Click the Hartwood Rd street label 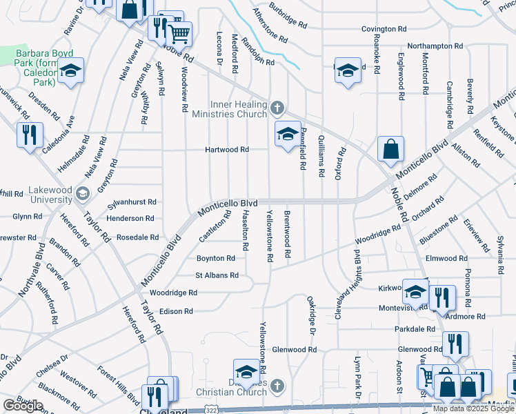click(226, 150)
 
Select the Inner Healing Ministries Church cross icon click(277, 107)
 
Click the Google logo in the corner click(23, 406)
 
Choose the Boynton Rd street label click(215, 258)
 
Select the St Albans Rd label click(217, 275)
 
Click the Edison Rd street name click(176, 311)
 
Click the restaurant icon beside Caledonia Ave click(30, 135)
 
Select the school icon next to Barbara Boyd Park click(70, 70)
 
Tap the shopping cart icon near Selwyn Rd click(179, 32)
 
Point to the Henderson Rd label click(130, 218)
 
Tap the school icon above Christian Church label click(246, 371)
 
